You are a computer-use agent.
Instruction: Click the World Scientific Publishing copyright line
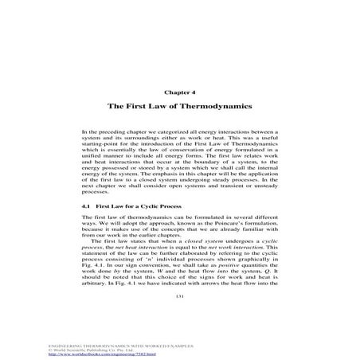click(56, 350)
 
